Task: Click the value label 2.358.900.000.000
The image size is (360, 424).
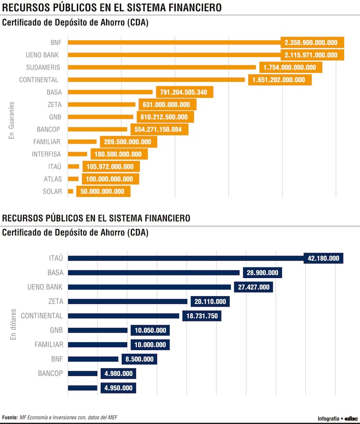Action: click(311, 43)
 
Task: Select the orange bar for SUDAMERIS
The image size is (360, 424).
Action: click(162, 67)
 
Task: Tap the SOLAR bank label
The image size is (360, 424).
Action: click(52, 191)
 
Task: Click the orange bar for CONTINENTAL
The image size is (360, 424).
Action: click(156, 80)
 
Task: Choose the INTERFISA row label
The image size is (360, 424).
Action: click(46, 154)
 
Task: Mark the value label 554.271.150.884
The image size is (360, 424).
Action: click(159, 129)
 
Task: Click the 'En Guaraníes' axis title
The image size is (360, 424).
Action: click(12, 120)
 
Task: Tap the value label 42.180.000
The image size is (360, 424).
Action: click(324, 258)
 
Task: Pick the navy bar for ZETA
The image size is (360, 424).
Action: click(128, 301)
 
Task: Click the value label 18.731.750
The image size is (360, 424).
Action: click(202, 316)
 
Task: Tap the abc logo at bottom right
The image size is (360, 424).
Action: click(351, 418)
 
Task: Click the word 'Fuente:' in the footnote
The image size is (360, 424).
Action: click(10, 417)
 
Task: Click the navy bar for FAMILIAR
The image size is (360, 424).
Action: click(98, 344)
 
